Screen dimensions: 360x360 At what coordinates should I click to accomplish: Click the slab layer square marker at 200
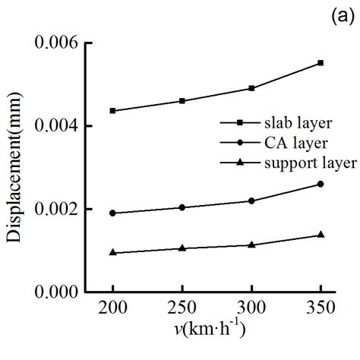(x=113, y=111)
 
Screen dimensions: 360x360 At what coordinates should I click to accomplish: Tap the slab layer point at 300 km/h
(x=251, y=88)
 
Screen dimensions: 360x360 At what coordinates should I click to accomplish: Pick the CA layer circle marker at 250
(x=182, y=207)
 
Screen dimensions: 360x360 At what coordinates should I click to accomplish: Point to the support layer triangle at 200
(x=113, y=252)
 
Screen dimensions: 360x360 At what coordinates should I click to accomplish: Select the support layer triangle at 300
(x=251, y=245)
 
